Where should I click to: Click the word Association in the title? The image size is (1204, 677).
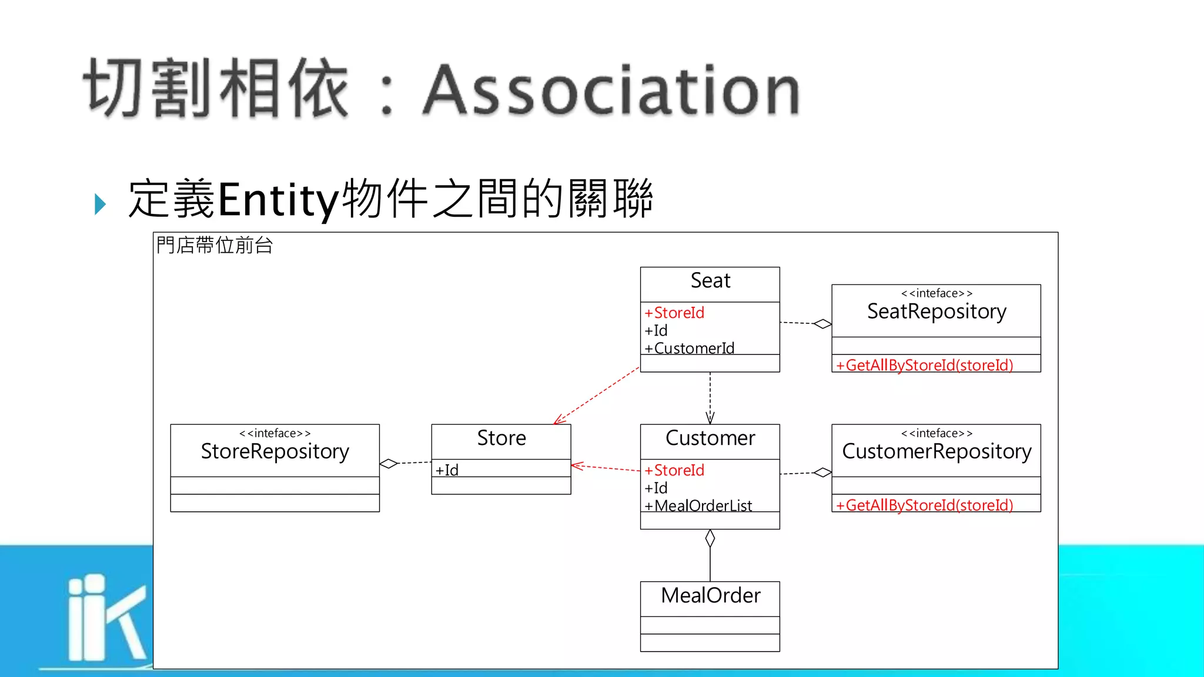point(611,89)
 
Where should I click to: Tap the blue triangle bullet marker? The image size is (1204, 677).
point(100,204)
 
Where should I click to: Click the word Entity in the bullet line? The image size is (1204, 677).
point(278,199)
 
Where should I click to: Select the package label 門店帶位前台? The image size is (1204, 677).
point(215,245)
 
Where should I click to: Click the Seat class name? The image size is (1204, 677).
point(710,281)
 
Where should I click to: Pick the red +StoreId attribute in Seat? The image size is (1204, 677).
point(674,313)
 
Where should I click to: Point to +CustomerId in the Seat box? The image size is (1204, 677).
point(689,348)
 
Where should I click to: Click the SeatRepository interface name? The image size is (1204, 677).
point(937,311)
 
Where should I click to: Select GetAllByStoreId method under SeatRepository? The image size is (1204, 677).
point(925,365)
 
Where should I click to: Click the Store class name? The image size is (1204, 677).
point(501,438)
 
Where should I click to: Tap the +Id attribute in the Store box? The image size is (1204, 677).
point(447,470)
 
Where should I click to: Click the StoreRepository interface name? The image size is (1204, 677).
point(275,451)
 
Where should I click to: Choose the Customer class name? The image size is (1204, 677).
point(710,438)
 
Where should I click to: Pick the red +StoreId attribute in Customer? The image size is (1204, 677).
point(674,470)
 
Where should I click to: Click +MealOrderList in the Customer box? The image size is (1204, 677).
point(698,505)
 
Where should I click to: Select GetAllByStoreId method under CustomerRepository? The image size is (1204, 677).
point(925,505)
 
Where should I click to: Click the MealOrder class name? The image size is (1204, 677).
point(710,596)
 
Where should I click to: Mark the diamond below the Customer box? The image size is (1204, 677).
point(710,538)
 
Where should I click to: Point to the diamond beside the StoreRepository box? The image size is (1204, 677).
point(389,464)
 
